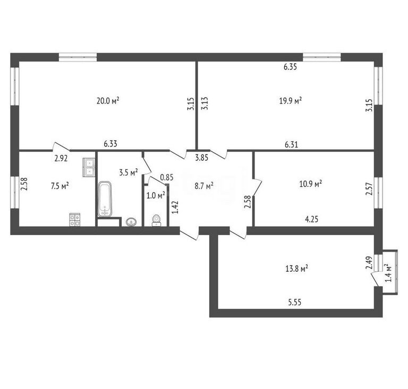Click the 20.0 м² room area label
(x=108, y=100)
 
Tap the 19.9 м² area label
(x=291, y=100)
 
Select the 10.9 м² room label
(x=311, y=184)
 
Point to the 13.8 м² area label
(x=297, y=269)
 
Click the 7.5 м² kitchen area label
(x=60, y=186)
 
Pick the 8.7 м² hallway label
(x=204, y=186)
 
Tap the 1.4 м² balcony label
(x=388, y=273)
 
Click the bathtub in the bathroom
(x=105, y=199)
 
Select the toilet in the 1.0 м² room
(x=156, y=221)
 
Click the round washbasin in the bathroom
(x=131, y=222)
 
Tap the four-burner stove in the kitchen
(x=75, y=220)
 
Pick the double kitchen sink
(x=89, y=167)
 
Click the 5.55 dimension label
(x=294, y=302)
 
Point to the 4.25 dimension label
(x=311, y=219)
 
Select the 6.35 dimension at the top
(x=290, y=67)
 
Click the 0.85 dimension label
(x=167, y=177)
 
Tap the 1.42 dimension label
(x=176, y=207)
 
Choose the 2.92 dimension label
(x=61, y=159)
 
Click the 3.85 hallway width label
(x=202, y=158)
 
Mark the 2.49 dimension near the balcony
(x=369, y=263)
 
